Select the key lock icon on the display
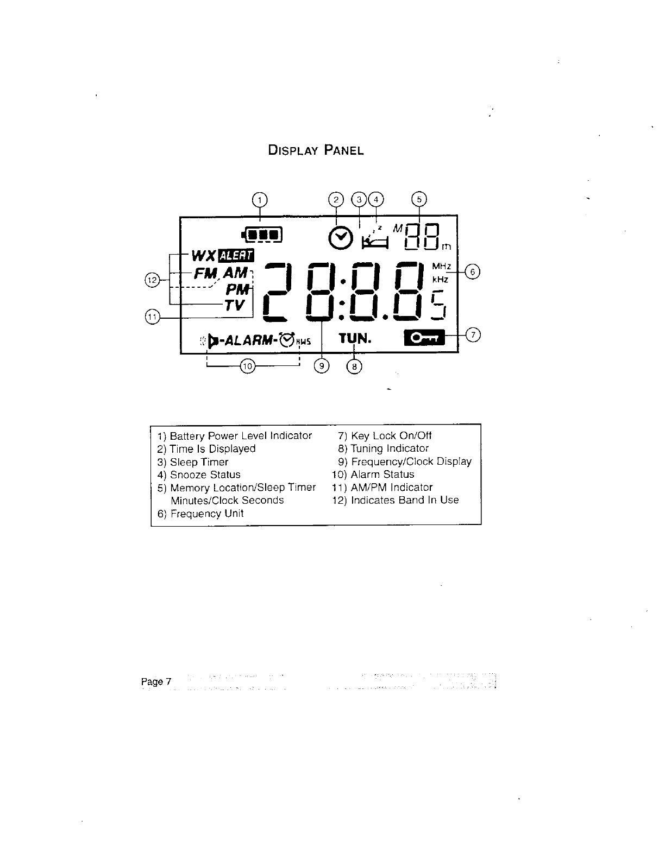tap(424, 338)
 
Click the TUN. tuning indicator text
tap(355, 339)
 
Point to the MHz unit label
tap(441, 267)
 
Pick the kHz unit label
tap(440, 279)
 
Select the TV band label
tap(235, 305)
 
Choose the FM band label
tap(204, 272)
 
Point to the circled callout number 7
tap(473, 335)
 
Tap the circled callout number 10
tap(247, 366)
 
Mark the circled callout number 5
tap(419, 200)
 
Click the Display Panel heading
tap(316, 150)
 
